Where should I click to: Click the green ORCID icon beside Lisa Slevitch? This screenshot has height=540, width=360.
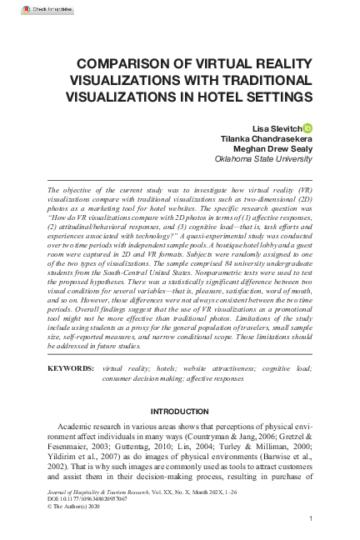click(307, 126)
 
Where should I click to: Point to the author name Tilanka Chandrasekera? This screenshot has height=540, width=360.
click(265, 137)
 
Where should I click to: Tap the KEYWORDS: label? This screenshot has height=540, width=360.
click(72, 367)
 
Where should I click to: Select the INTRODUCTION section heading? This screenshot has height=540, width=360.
click(179, 412)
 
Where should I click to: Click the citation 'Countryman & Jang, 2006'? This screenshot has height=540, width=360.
click(218, 437)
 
